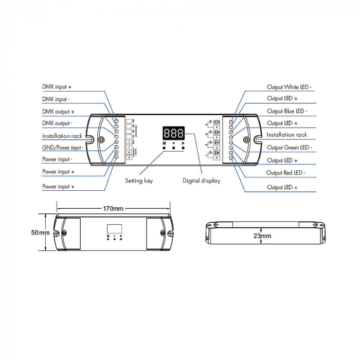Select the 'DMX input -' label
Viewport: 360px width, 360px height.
(x=56, y=99)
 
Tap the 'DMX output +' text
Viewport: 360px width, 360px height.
(x=58, y=112)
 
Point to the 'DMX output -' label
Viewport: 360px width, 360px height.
(x=57, y=123)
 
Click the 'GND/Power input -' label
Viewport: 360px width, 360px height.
(x=63, y=148)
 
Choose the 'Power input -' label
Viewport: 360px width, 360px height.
(x=57, y=159)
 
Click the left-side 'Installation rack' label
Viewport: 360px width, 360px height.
(x=62, y=136)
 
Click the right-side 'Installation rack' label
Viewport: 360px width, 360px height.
(x=286, y=135)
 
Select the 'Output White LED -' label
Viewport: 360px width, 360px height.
(x=291, y=87)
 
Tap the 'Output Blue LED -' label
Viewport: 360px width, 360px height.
(x=287, y=111)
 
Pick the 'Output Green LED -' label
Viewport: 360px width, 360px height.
(x=289, y=148)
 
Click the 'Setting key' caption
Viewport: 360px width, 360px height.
(x=139, y=181)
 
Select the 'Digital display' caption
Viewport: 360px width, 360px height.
(x=201, y=181)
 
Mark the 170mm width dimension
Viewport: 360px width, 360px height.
(x=113, y=209)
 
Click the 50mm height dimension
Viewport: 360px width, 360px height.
(x=40, y=233)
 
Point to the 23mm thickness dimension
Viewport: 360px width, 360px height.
(x=262, y=236)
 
